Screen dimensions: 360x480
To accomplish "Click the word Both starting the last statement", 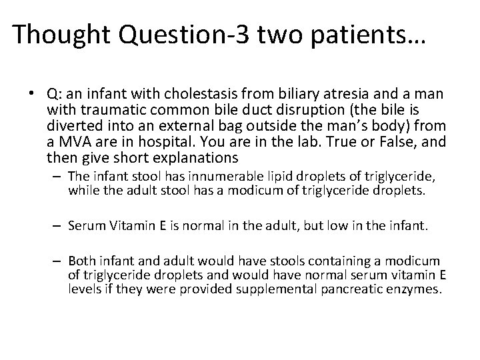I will pos(83,261).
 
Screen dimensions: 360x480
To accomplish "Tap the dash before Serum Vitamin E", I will pos(59,225).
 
